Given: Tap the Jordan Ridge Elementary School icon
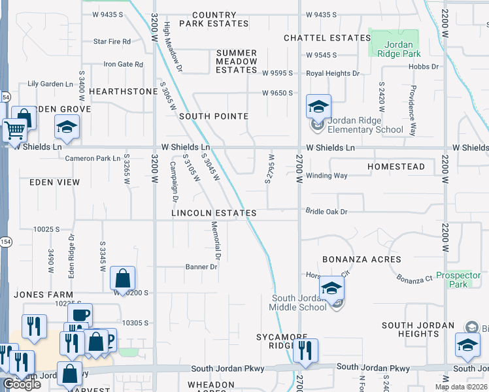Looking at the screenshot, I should (319, 107).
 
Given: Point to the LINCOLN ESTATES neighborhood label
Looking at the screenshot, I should (214, 213).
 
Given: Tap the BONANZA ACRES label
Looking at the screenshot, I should (362, 259).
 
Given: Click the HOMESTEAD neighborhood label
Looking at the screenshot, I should (396, 167).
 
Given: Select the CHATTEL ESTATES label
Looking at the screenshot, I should (328, 38).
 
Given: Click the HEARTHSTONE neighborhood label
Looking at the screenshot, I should (124, 91).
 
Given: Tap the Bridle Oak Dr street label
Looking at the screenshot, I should (326, 211).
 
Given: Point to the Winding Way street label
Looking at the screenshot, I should (327, 175).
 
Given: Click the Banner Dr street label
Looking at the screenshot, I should (201, 267).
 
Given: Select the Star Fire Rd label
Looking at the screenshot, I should (112, 41).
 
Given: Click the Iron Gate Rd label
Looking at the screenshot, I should (123, 64).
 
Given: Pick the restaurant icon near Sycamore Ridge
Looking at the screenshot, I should (305, 350).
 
